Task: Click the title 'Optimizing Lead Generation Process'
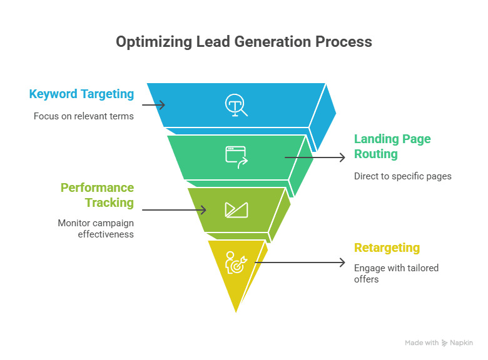pos(244,42)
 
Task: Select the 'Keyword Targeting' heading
pos(81,94)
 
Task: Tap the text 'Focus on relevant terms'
pos(84,116)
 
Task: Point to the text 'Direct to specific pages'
pos(402,176)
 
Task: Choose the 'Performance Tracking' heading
pos(97,195)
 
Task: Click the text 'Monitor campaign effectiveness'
pos(96,229)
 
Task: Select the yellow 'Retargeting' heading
pos(387,248)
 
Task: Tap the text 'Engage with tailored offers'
pos(396,273)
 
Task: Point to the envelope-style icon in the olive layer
pos(236,209)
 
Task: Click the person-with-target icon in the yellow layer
pos(236,263)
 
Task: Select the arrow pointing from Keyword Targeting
pos(153,105)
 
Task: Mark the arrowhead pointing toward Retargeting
pos(342,263)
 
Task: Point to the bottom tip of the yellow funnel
pos(236,311)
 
